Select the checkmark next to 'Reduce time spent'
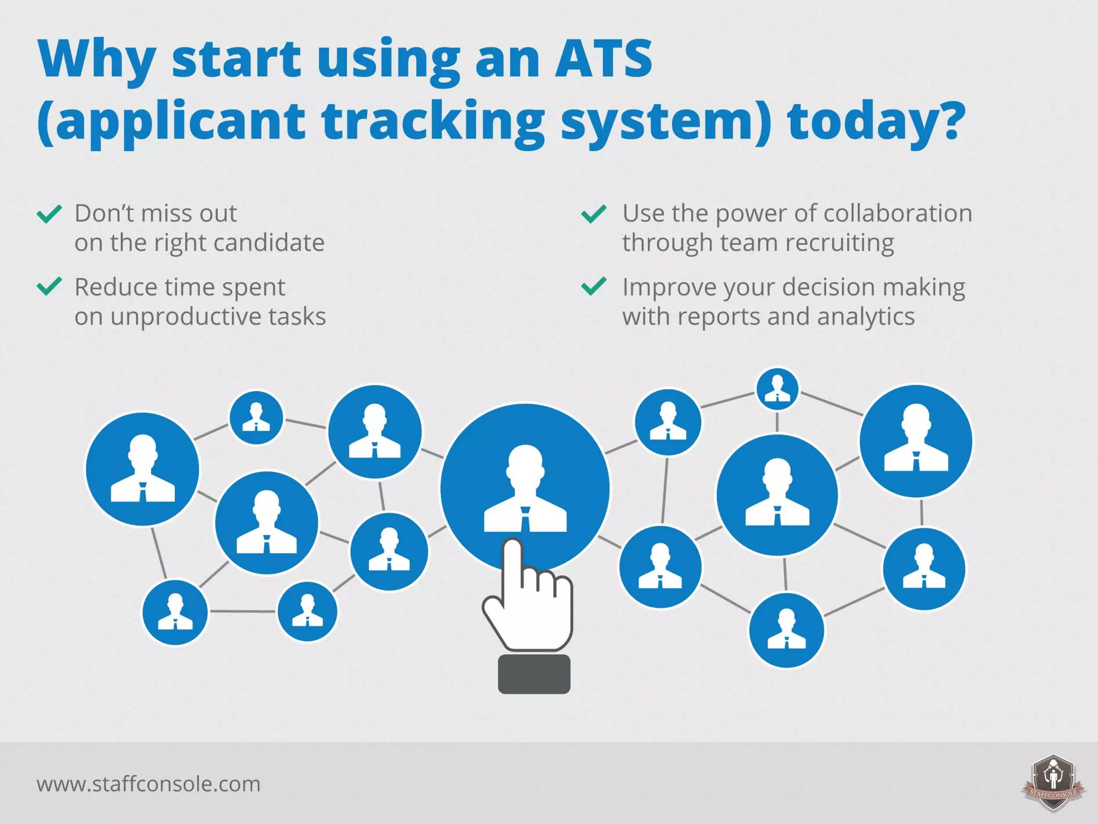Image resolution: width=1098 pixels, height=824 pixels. (49, 286)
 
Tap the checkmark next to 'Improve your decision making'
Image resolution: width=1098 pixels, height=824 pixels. (594, 286)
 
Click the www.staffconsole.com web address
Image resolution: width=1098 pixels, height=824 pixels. (149, 784)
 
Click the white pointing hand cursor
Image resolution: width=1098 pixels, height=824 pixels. (528, 601)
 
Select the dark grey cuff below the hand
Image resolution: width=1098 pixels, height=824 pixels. (534, 674)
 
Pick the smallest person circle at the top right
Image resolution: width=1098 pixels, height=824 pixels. (777, 389)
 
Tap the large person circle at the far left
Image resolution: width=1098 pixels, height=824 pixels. (143, 469)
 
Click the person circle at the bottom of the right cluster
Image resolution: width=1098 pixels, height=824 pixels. (787, 630)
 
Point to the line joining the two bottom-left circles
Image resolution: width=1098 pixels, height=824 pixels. (242, 611)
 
